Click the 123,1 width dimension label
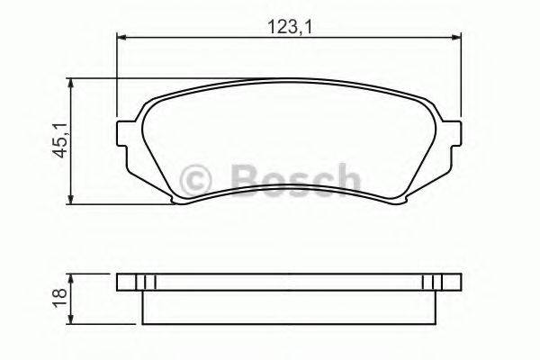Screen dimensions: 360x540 coord(287,27)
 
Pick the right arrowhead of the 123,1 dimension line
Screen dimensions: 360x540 coord(454,37)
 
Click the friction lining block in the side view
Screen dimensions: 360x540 coord(288,306)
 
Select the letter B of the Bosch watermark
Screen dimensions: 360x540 coord(245,176)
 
